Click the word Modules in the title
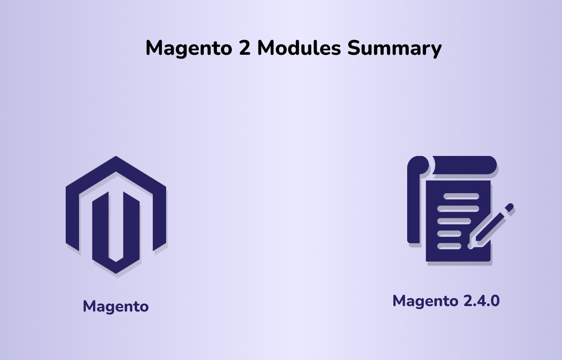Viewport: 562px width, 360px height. tap(299, 48)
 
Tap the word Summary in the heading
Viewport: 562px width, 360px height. tap(394, 49)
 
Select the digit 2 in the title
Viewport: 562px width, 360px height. tap(245, 48)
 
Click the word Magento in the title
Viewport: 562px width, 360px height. tap(189, 49)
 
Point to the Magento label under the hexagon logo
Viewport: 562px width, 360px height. tap(115, 307)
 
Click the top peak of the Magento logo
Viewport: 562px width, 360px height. tap(115, 156)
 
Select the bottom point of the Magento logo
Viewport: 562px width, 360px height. tap(115, 273)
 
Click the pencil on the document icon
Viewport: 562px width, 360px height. tap(490, 226)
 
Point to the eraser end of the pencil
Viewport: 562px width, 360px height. tap(509, 207)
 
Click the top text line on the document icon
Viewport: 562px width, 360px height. tap(461, 196)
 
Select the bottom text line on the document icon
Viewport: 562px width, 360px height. tap(449, 246)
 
